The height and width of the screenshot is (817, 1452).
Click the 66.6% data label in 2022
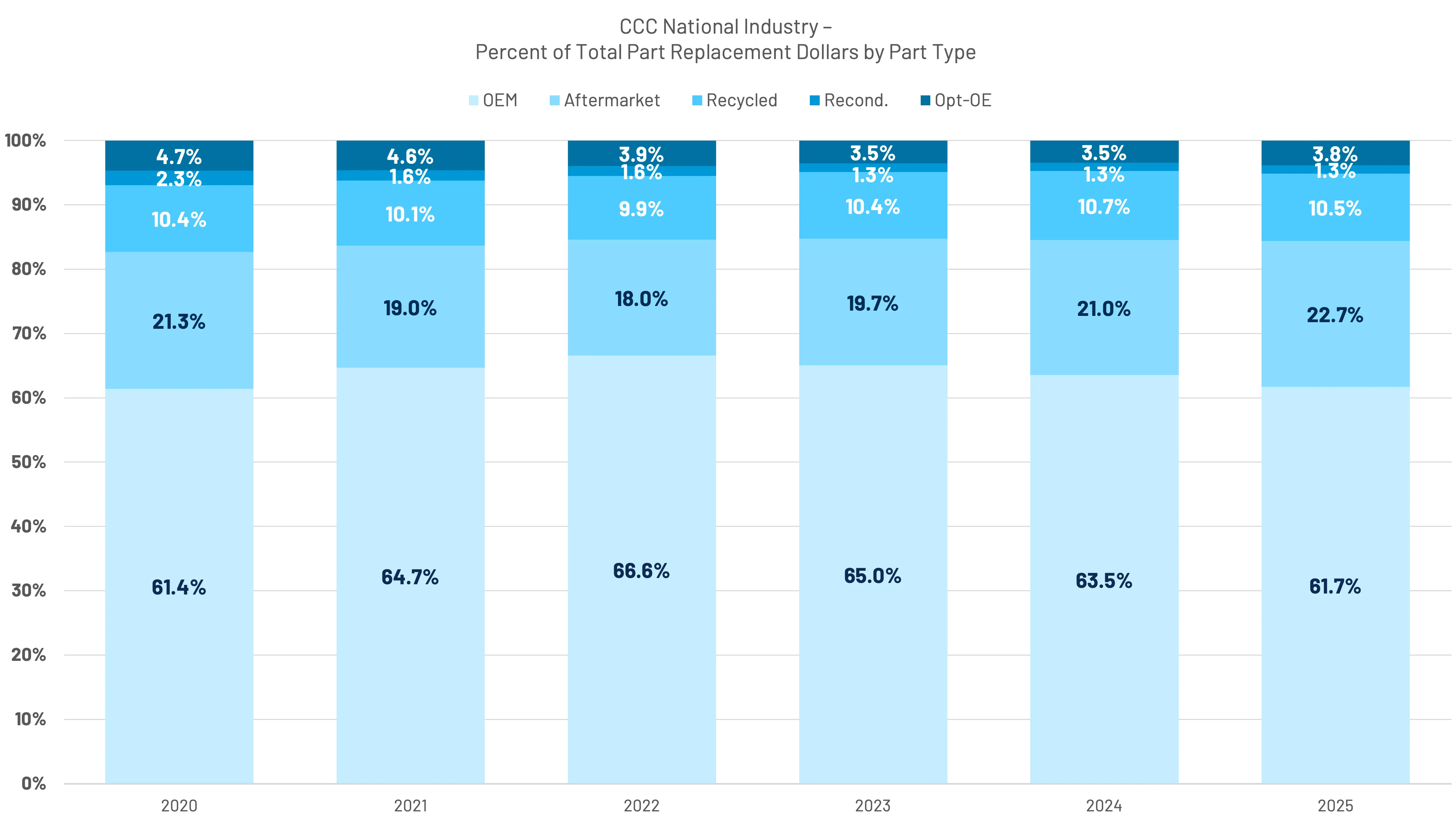(x=642, y=571)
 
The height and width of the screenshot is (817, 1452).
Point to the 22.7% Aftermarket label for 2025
(x=1335, y=315)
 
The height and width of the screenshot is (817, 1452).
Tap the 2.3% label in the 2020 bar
(x=179, y=179)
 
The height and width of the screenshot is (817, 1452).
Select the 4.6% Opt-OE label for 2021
(x=410, y=156)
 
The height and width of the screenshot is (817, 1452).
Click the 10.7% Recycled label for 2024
(x=1104, y=207)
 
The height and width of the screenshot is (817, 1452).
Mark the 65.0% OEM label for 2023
(x=873, y=576)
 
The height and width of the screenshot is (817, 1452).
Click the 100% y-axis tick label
(x=25, y=140)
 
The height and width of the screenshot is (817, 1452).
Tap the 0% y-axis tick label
(x=33, y=783)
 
